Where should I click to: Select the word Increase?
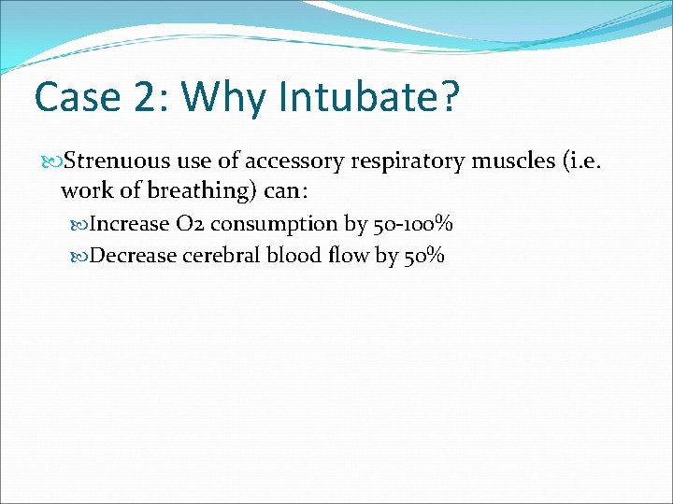pos(128,224)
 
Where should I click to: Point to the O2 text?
pos(189,224)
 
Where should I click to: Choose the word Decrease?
pos(134,256)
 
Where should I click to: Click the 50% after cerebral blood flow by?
pos(424,256)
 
